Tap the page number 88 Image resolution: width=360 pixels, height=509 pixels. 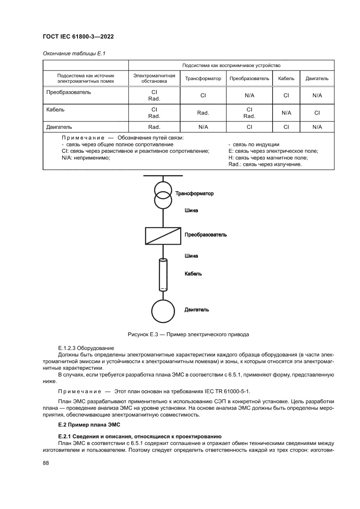point(46,463)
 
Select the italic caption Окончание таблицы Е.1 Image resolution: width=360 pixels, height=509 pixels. point(74,54)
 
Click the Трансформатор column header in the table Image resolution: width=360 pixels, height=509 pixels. point(203,79)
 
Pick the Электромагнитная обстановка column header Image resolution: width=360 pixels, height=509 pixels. point(154,78)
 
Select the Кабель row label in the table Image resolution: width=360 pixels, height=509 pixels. point(55,110)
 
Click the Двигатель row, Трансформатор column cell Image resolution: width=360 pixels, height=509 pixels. point(203,127)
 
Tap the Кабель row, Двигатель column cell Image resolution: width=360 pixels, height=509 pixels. point(317,113)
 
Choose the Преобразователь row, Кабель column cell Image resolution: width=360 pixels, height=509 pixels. point(286,95)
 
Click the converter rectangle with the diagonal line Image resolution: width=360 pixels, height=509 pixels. point(163,236)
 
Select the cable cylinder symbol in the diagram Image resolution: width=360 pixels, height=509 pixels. point(163,274)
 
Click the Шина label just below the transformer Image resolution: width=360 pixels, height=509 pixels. point(191,211)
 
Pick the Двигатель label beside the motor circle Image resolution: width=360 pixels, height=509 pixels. point(197,310)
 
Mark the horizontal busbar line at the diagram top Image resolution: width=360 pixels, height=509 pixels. point(163,175)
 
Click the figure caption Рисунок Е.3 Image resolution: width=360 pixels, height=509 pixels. point(188,335)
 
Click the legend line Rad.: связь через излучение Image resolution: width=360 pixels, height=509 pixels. point(265,164)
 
